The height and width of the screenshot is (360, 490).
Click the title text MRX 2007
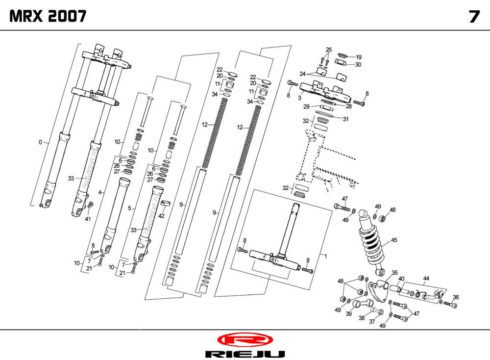pyautogui.click(x=48, y=17)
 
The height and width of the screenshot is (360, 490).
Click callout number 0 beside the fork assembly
pyautogui.click(x=40, y=142)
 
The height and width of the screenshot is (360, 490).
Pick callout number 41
pyautogui.click(x=88, y=219)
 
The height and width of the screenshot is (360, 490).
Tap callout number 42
pyautogui.click(x=161, y=216)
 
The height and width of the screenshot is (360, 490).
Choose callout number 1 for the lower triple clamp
pyautogui.click(x=323, y=256)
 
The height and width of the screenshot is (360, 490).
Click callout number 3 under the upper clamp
pyautogui.click(x=299, y=98)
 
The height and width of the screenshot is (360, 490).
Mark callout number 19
pyautogui.click(x=358, y=57)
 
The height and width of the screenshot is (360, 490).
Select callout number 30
pyautogui.click(x=358, y=64)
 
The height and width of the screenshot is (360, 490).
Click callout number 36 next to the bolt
pyautogui.click(x=456, y=297)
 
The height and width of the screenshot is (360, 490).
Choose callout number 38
pyautogui.click(x=362, y=318)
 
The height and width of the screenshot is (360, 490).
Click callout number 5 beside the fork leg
pyautogui.click(x=129, y=208)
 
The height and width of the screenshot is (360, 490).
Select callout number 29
pyautogui.click(x=306, y=106)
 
